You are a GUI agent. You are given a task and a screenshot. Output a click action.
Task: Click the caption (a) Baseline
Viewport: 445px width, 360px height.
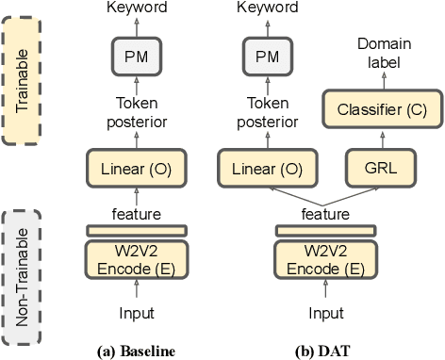[138, 351]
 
